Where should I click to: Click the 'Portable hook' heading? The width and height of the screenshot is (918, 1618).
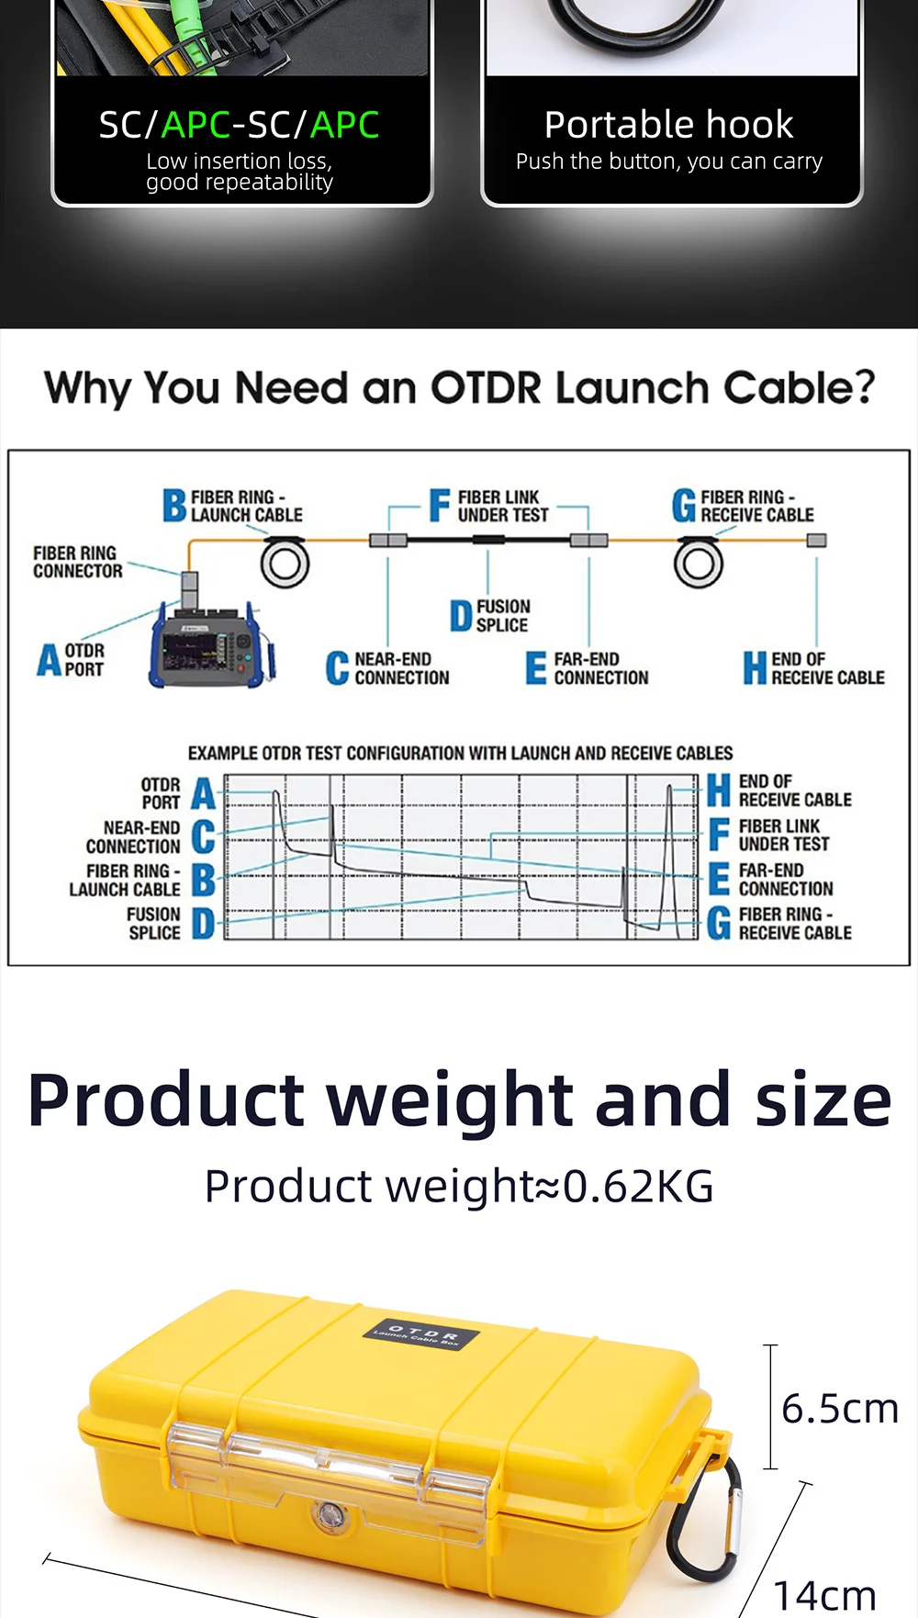668,125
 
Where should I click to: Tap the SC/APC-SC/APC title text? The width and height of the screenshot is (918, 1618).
239,125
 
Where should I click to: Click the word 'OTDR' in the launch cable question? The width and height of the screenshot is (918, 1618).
486,388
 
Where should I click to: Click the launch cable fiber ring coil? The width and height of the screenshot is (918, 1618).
285,563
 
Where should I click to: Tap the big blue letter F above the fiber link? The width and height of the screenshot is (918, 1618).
440,505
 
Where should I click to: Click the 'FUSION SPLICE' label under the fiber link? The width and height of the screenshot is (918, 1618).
502,616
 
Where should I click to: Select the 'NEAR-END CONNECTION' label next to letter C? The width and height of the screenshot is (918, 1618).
401,668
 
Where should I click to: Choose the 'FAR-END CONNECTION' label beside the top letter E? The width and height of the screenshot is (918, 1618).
600,668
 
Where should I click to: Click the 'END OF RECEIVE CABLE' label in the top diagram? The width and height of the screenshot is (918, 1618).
826,668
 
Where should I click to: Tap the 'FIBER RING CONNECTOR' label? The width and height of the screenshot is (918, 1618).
77,562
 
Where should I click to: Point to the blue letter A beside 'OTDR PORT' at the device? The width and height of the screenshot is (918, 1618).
49,660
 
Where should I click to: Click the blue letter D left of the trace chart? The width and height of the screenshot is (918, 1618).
203,923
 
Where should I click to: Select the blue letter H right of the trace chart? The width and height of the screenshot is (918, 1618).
719,790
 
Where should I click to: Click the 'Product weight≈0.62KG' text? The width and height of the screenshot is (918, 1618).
459,1186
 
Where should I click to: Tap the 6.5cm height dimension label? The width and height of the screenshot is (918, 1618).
839,1408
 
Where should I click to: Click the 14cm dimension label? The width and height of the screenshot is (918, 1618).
823,1595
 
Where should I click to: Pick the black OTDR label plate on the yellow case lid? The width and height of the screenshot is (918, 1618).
421,1334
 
